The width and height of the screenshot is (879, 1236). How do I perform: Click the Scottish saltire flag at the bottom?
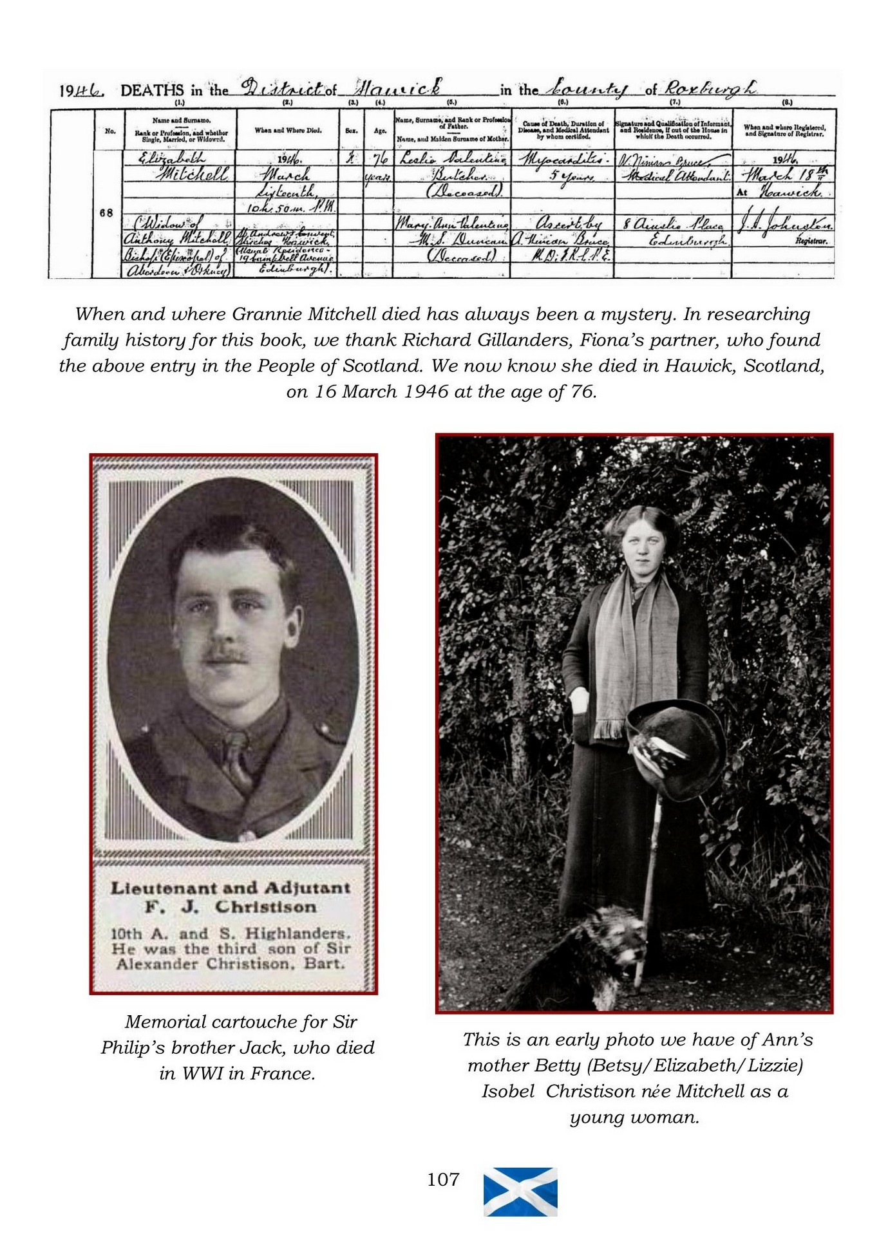coord(520,1192)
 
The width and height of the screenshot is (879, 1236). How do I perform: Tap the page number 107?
coord(443,1179)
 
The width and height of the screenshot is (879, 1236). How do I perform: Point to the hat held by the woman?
coord(676,747)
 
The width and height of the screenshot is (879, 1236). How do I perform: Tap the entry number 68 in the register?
coord(107,213)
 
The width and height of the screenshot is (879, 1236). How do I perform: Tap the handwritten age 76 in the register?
coord(379,158)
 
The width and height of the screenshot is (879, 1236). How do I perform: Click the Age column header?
coord(380,131)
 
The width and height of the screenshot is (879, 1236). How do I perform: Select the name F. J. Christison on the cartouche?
coord(231,907)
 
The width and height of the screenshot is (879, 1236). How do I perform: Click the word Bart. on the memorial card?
coord(327,964)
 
